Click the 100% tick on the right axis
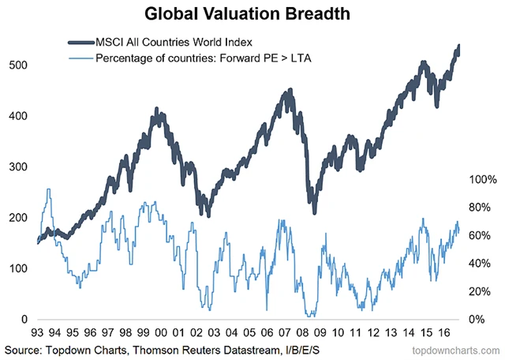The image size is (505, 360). point(482,180)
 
